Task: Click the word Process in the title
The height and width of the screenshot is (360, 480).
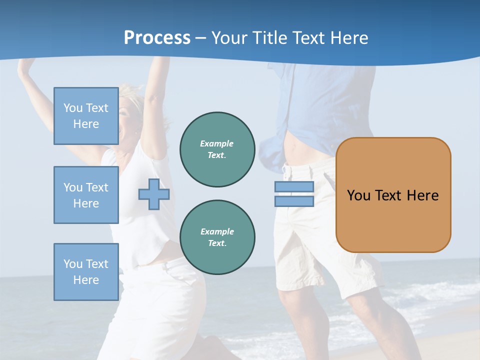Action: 157,38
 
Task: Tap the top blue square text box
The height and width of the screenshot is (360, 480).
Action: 86,116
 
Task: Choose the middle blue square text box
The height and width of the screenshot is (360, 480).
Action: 86,195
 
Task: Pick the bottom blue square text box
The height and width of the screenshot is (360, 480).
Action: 86,272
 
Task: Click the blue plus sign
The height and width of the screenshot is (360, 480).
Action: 154,194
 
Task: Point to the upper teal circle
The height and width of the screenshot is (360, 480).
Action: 217,149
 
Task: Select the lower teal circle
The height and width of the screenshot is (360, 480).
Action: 217,237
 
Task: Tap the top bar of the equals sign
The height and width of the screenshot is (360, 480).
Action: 294,187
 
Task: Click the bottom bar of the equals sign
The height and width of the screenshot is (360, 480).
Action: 294,201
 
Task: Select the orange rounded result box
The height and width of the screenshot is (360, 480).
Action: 393,195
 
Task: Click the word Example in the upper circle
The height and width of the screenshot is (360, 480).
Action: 217,143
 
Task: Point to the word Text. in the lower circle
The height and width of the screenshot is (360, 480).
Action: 217,243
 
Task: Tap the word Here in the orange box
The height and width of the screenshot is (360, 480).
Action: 422,195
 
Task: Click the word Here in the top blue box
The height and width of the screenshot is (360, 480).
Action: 86,124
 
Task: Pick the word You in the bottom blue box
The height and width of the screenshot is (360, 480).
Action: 72,264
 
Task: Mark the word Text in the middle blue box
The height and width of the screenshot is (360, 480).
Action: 97,187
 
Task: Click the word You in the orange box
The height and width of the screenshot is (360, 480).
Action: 359,195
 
